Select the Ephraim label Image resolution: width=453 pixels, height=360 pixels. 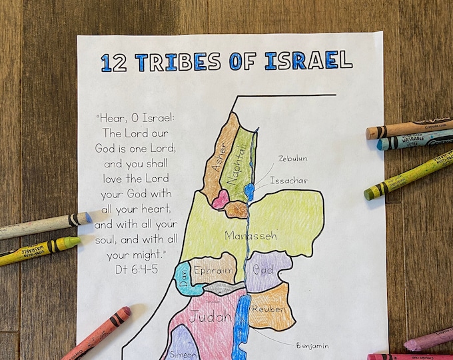(213, 271)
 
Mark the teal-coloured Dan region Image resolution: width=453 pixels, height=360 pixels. (183, 277)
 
